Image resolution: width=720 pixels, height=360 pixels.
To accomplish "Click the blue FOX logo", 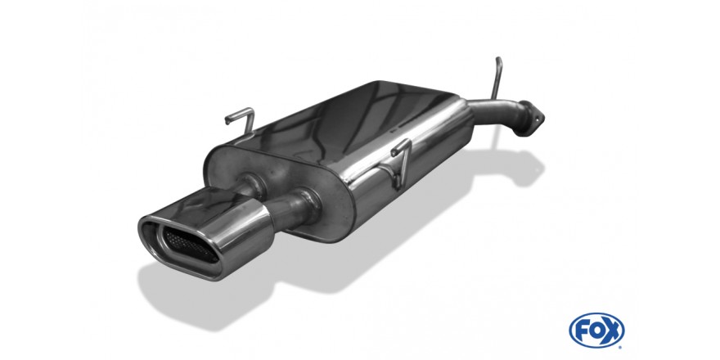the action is (x=596, y=331).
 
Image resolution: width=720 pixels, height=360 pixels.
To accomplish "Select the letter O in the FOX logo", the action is (x=597, y=331).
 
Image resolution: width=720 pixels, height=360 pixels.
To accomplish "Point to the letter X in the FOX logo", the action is (x=613, y=331).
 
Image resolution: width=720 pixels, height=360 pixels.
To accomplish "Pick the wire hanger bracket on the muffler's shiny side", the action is (x=400, y=163).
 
